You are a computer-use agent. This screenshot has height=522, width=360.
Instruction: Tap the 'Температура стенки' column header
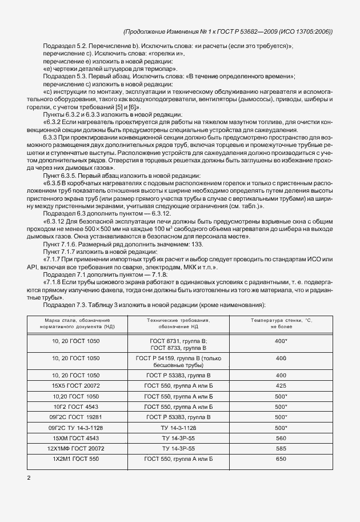pyautogui.click(x=281, y=324)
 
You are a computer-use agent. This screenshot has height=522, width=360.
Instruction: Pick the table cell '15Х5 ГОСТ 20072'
pyautogui.click(x=75, y=386)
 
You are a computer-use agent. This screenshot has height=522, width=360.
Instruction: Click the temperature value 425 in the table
pyautogui.click(x=281, y=386)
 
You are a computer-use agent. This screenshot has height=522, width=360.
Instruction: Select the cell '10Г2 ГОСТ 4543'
pyautogui.click(x=75, y=407)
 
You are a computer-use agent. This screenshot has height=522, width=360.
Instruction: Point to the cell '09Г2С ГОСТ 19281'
pyautogui.click(x=75, y=417)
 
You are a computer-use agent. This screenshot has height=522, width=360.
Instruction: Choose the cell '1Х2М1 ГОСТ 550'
pyautogui.click(x=75, y=459)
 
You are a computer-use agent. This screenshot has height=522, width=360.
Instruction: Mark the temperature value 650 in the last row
pyautogui.click(x=281, y=459)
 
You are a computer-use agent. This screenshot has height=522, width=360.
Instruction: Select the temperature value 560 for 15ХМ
pyautogui.click(x=281, y=437)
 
